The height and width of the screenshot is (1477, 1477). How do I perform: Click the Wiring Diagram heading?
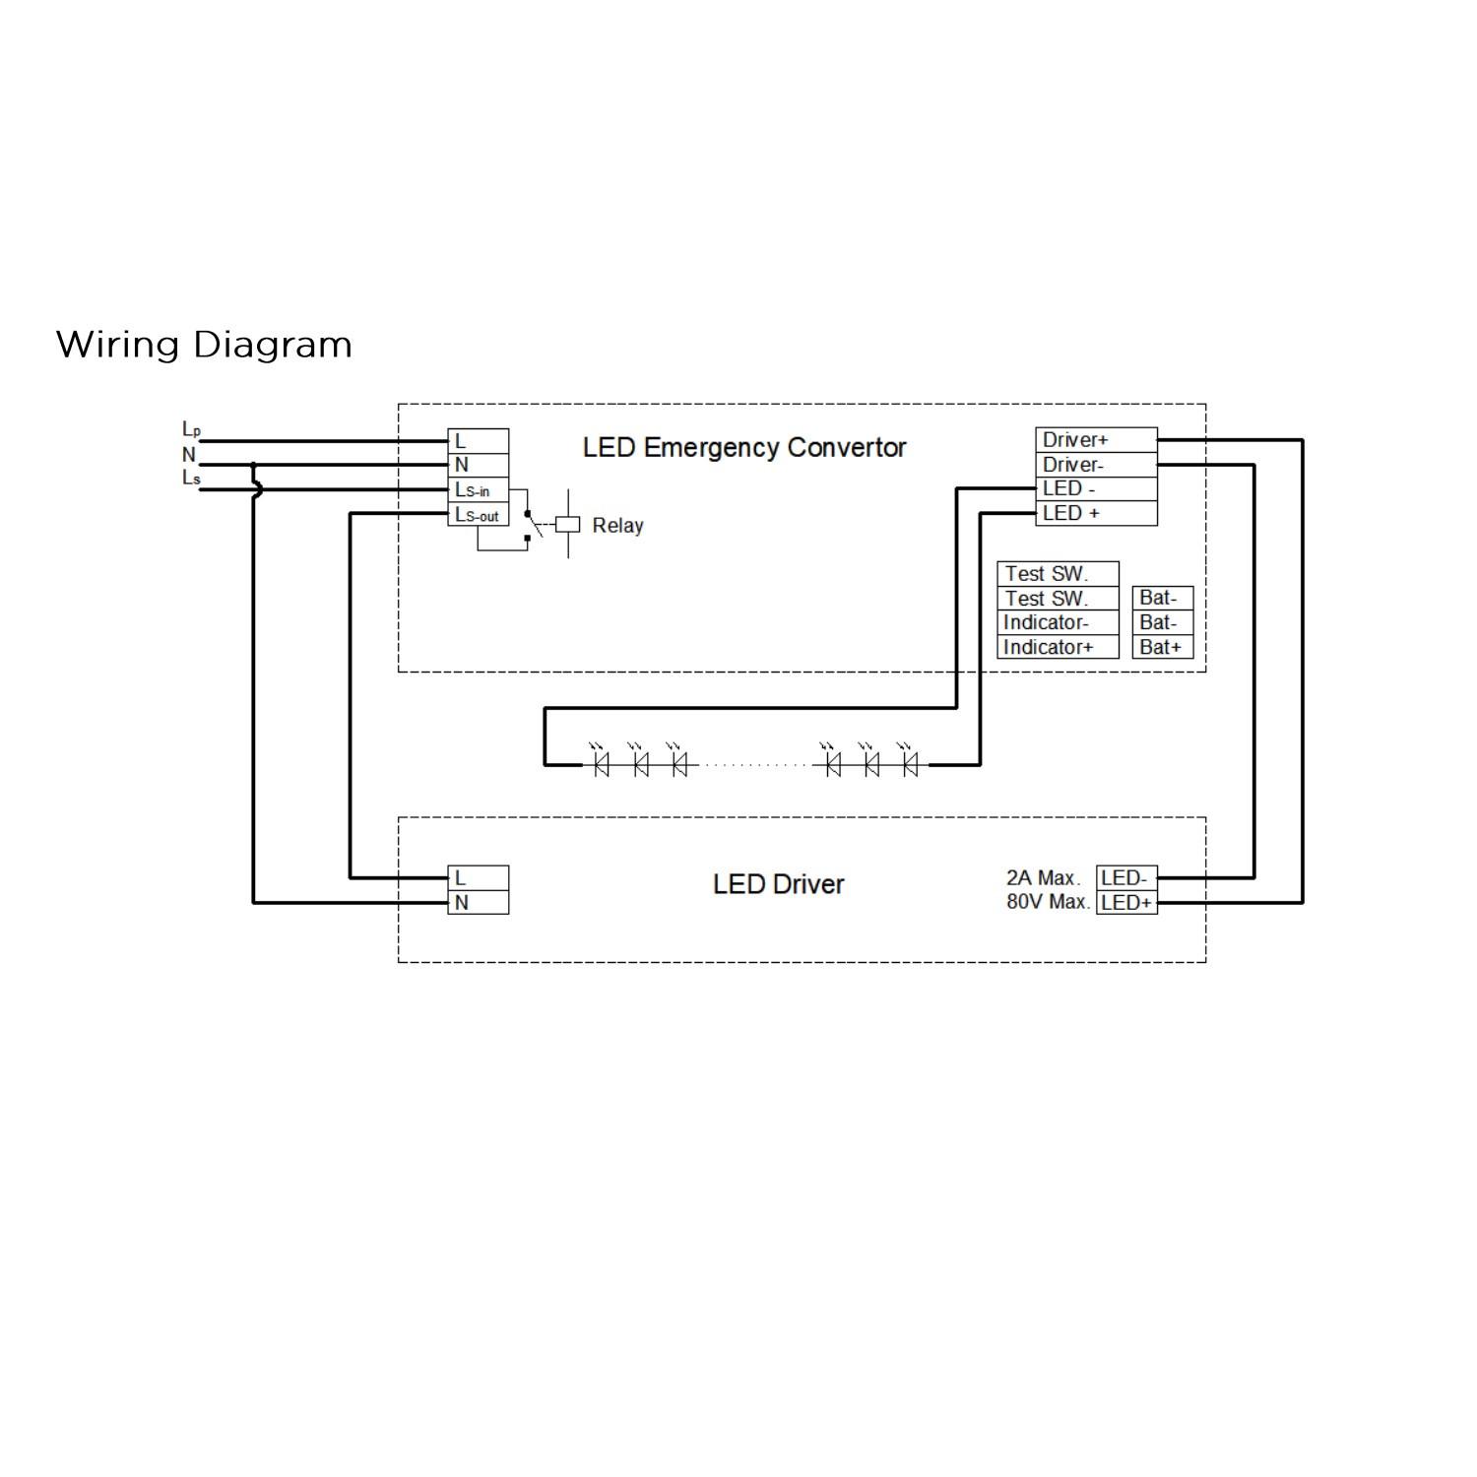point(204,345)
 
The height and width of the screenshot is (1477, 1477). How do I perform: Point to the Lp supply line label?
point(191,429)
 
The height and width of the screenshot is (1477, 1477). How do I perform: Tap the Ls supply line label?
point(191,479)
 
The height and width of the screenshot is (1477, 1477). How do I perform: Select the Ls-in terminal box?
point(478,489)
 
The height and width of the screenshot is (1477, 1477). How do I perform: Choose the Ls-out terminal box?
point(478,514)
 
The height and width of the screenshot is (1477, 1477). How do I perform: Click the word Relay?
point(617,526)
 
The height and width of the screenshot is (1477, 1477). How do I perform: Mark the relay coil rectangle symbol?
point(568,525)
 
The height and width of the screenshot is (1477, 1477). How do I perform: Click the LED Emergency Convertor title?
point(744,448)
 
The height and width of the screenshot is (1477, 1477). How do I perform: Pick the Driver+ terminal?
point(1095,440)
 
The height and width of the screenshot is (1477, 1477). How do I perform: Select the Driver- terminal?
point(1095,465)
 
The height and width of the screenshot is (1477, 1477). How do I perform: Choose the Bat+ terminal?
point(1162,647)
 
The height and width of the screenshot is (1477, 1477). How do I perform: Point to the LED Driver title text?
point(778,884)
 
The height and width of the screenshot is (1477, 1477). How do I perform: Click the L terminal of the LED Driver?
point(479,878)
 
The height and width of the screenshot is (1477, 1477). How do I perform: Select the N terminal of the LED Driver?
point(479,902)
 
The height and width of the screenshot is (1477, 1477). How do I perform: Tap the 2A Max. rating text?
point(1044,878)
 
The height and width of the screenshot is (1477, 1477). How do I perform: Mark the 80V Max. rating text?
point(1048,902)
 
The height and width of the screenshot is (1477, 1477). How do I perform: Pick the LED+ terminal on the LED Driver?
point(1126,902)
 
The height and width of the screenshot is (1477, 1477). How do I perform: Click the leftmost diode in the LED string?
point(602,763)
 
